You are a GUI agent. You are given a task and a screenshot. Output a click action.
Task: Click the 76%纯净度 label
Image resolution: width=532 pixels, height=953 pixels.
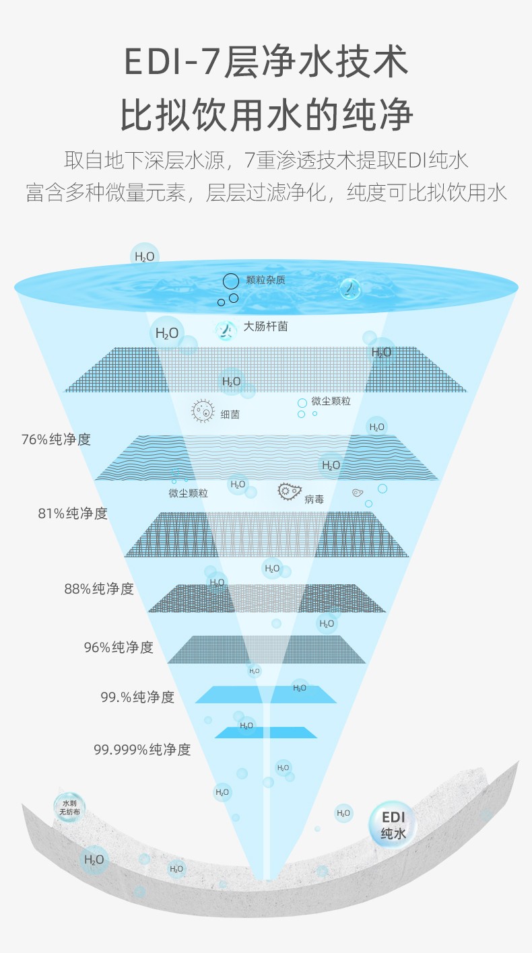pyautogui.click(x=56, y=439)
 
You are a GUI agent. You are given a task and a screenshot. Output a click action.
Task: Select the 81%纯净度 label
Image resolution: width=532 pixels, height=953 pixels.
pyautogui.click(x=73, y=514)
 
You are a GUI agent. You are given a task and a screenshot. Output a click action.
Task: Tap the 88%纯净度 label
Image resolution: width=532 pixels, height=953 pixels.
pyautogui.click(x=99, y=589)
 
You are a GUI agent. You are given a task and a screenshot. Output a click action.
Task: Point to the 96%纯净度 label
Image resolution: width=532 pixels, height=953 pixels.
pyautogui.click(x=119, y=647)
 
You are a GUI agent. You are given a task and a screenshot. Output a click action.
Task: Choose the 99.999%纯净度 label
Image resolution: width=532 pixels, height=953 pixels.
pyautogui.click(x=142, y=749)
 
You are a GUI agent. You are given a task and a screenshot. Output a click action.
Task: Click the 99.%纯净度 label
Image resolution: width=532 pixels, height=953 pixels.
pyautogui.click(x=137, y=697)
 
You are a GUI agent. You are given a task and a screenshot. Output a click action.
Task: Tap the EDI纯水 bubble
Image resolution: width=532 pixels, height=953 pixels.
pyautogui.click(x=393, y=825)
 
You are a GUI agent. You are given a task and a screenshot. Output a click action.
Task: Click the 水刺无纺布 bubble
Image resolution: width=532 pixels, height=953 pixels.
pyautogui.click(x=69, y=808)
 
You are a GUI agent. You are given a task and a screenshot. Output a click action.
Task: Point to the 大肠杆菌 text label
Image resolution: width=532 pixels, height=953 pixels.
pyautogui.click(x=265, y=326)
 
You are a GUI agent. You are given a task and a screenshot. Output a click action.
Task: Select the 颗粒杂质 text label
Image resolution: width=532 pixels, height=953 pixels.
pyautogui.click(x=265, y=280)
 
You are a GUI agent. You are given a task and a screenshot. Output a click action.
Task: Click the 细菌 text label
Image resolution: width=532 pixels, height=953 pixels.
pyautogui.click(x=230, y=415)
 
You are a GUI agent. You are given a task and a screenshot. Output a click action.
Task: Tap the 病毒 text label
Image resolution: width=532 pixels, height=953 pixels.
pyautogui.click(x=314, y=499)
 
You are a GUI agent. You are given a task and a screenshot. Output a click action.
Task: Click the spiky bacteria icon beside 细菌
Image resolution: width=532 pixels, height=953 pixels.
pyautogui.click(x=203, y=411)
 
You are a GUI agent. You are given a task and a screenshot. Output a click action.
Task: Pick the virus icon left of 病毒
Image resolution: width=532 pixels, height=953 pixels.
pyautogui.click(x=290, y=491)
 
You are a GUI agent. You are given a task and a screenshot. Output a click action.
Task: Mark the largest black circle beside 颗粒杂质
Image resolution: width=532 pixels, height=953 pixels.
pyautogui.click(x=231, y=281)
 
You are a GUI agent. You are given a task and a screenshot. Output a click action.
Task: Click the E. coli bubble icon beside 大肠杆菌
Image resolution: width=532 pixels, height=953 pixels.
pyautogui.click(x=226, y=330)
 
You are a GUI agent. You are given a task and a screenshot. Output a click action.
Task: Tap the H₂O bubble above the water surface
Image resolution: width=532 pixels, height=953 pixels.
pyautogui.click(x=145, y=256)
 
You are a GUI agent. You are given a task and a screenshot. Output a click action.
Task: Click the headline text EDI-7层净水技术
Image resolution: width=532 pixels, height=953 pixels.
pyautogui.click(x=267, y=62)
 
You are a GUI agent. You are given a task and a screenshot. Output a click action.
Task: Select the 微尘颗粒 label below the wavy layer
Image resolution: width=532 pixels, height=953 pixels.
pyautogui.click(x=188, y=493)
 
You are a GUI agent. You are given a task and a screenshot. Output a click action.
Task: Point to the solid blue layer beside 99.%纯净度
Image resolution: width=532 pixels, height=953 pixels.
pyautogui.click(x=266, y=695)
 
